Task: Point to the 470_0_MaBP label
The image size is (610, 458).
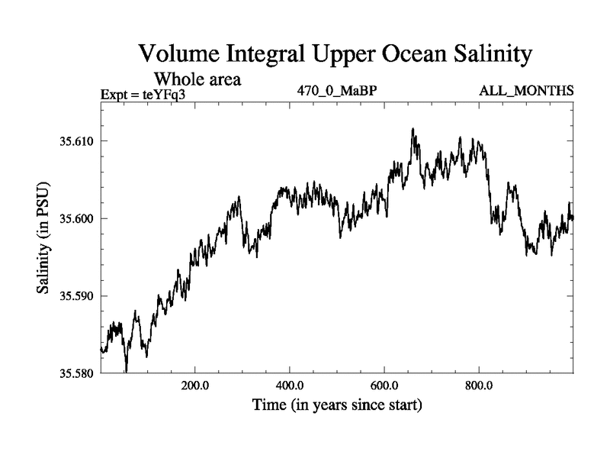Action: coord(338,92)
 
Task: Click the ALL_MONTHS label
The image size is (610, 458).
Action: coord(526,92)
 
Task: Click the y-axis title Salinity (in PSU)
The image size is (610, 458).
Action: coord(43,239)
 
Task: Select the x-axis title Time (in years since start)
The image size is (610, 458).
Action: coord(338,404)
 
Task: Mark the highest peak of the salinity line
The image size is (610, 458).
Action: coord(413,129)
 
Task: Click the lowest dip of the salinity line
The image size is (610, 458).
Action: coord(126,371)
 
